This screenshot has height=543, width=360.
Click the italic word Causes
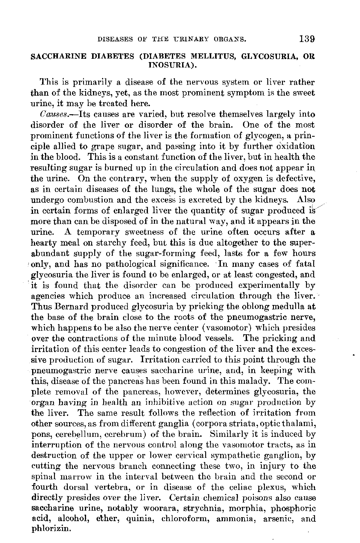pyautogui.click(x=49, y=114)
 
